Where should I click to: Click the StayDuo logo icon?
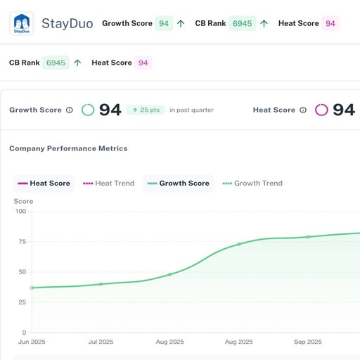click(21, 23)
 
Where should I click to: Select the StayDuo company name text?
click(67, 23)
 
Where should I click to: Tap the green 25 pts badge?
click(146, 110)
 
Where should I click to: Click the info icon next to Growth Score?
click(70, 110)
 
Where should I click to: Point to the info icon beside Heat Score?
click(303, 110)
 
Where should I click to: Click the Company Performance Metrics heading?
click(68, 148)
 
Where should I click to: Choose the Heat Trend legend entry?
click(109, 183)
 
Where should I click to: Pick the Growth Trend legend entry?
click(252, 183)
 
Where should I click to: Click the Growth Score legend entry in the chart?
click(179, 183)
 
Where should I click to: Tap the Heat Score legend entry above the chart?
click(44, 183)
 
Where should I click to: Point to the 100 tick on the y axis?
click(20, 211)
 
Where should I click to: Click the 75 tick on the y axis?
click(22, 241)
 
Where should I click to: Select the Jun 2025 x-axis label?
click(32, 342)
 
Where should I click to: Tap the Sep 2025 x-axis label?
click(308, 342)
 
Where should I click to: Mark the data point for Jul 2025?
click(101, 284)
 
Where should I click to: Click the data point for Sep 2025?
click(308, 237)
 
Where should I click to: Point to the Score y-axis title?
click(23, 201)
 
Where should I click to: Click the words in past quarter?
click(191, 110)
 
